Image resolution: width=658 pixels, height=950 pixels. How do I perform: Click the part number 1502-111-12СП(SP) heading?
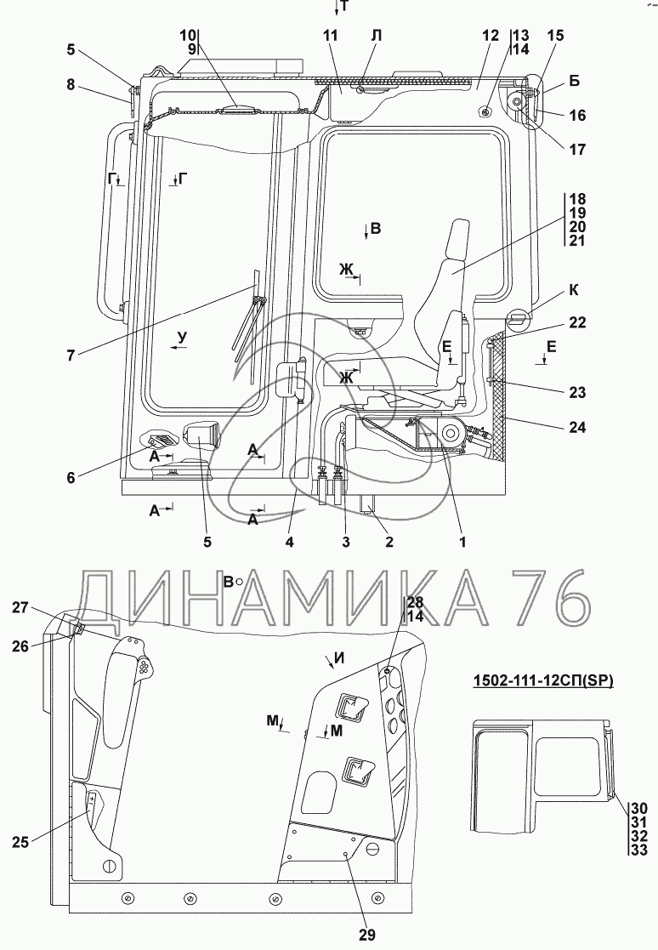coord(543,680)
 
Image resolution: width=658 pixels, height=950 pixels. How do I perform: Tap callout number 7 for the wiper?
coord(71,355)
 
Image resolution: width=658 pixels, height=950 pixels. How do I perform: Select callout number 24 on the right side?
coord(577,427)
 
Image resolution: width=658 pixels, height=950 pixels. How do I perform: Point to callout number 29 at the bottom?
coord(367,935)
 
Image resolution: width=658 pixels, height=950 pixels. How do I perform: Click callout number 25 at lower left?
coord(20,841)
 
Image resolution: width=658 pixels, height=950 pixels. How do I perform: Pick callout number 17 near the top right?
coord(577,149)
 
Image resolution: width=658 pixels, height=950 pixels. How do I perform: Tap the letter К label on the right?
coord(573,290)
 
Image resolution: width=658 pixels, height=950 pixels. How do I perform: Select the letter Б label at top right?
coord(574,81)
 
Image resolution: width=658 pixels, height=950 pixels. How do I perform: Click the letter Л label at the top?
coord(377,35)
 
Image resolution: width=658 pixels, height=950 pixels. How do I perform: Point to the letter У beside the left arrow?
coord(183,337)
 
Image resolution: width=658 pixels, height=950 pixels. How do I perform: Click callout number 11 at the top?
coord(330,35)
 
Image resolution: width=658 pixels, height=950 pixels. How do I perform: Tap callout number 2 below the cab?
coord(389,542)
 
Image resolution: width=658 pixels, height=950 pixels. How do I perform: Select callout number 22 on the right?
coord(577,322)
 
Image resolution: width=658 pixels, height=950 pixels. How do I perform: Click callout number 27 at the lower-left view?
coord(20,606)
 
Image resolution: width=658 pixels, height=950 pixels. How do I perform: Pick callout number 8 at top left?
coord(71,84)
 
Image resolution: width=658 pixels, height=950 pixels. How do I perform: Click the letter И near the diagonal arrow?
coord(339,658)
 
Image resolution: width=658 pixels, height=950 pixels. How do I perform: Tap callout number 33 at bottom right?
coord(639,850)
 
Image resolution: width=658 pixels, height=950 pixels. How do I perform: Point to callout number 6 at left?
coord(71,477)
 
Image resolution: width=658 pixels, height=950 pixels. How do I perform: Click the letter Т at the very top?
coord(344,7)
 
